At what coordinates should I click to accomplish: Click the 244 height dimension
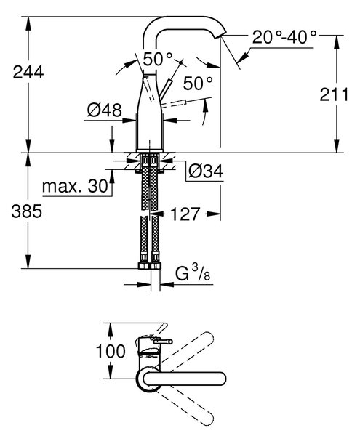tap(28, 72)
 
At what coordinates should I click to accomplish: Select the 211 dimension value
tap(334, 94)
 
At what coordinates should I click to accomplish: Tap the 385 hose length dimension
tap(26, 211)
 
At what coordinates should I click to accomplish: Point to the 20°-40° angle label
tap(284, 37)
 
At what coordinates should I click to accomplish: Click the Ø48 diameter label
tap(104, 110)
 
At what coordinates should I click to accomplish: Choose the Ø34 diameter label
tap(206, 171)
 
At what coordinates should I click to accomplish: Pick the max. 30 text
tap(75, 186)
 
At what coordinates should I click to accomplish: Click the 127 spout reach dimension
tap(185, 214)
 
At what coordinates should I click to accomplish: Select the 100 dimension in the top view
tap(111, 351)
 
